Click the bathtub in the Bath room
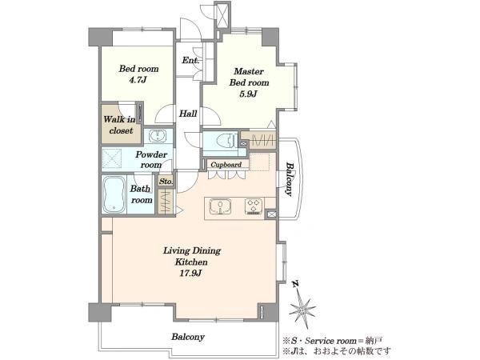tap(114, 194)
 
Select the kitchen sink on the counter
tap(220, 206)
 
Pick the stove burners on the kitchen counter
tap(254, 206)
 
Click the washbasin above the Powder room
tap(158, 135)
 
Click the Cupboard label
tap(226, 165)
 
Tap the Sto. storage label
tap(166, 182)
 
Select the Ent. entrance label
tap(190, 60)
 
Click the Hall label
tap(188, 114)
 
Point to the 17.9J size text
tap(190, 274)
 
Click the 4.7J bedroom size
tap(138, 80)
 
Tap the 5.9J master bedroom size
tap(248, 94)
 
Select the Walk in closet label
tap(119, 125)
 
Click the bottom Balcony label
tap(188, 337)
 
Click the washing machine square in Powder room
tap(111, 158)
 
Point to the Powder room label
tap(151, 159)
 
